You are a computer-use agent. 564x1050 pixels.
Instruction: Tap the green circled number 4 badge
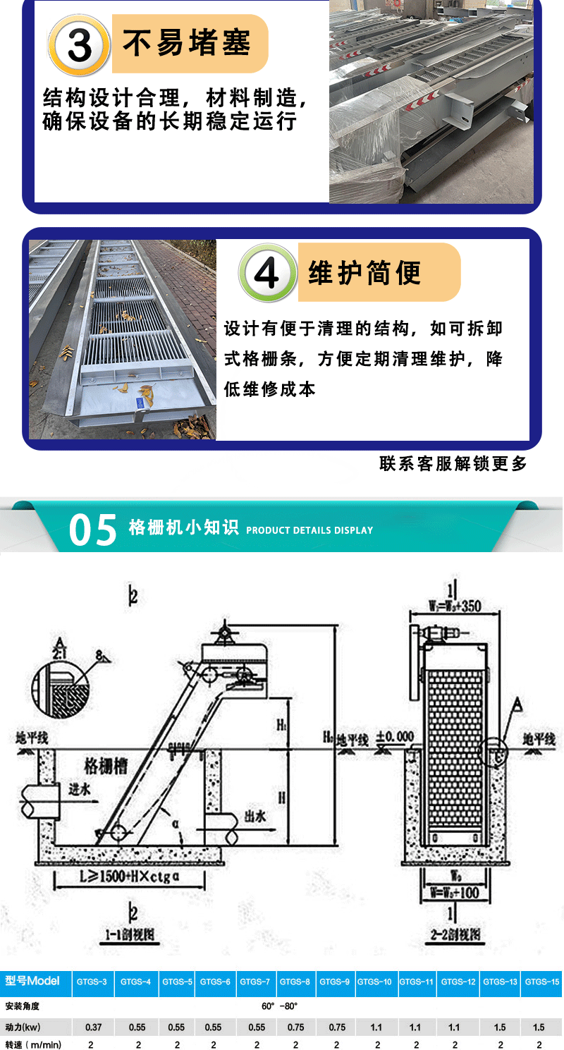(x=267, y=273)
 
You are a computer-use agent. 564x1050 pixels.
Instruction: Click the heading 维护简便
(x=364, y=272)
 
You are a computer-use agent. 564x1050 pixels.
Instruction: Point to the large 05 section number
(x=93, y=530)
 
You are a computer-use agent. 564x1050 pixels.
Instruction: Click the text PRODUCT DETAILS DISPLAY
(x=309, y=530)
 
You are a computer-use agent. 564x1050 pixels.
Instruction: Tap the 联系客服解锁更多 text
(x=453, y=463)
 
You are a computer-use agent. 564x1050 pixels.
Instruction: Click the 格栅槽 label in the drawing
(x=106, y=766)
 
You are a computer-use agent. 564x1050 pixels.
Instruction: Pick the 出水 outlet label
(x=255, y=816)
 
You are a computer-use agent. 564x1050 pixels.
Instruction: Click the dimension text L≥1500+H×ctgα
(x=130, y=879)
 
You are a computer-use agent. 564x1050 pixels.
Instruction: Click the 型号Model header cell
(x=32, y=981)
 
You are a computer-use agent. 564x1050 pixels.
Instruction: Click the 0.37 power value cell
(x=93, y=1027)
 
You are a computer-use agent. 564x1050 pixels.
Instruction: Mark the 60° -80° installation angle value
(x=279, y=1006)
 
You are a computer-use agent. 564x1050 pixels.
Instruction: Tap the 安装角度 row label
(x=23, y=1006)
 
